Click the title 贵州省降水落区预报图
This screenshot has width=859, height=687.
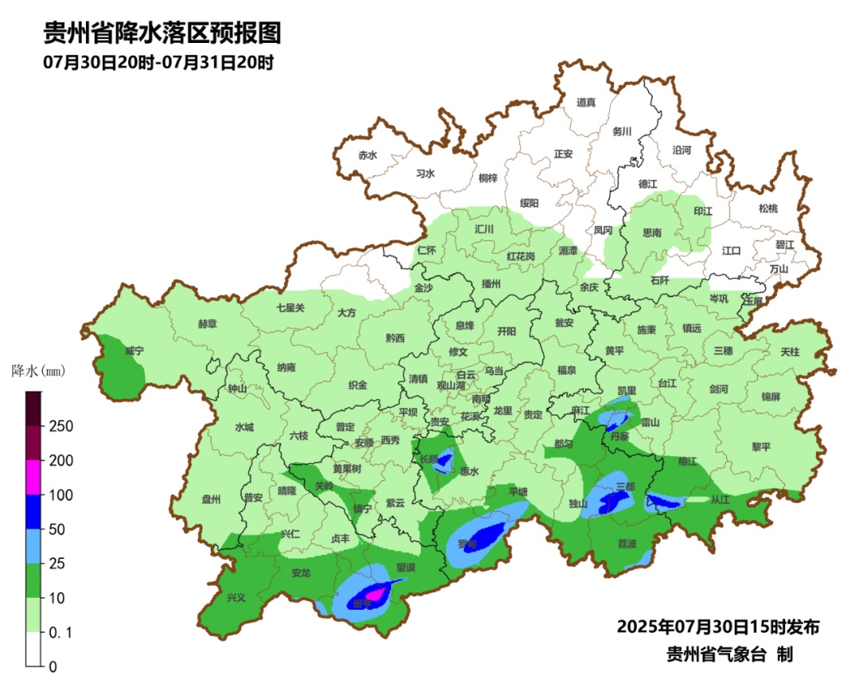coord(162,34)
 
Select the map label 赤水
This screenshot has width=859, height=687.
coord(367,155)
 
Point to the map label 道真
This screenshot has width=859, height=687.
coord(586,102)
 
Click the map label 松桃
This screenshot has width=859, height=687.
coord(768,208)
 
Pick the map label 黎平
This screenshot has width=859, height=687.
coord(761,447)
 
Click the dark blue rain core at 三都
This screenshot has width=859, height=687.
coord(615,500)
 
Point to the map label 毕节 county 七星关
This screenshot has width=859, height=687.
coord(290,308)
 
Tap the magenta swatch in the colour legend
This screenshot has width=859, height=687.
coord(33,477)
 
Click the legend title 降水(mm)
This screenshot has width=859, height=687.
coord(37,371)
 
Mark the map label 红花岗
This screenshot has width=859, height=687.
coord(521,256)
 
